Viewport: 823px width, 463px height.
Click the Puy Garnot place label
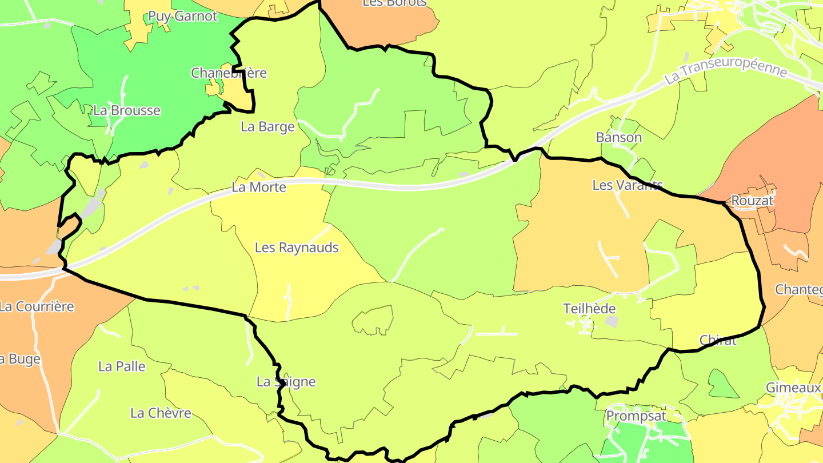[183, 16]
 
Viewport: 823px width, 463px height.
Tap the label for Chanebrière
[229, 73]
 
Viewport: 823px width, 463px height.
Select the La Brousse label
[127, 110]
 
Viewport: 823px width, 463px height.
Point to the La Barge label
[267, 126]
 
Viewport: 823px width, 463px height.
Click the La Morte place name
[259, 187]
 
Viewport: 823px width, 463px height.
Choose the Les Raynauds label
[297, 248]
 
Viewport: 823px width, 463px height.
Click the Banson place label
[618, 137]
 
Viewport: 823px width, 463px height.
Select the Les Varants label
[627, 185]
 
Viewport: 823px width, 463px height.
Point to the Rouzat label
[752, 201]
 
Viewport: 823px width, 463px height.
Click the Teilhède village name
[589, 309]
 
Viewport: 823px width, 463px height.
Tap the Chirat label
[718, 341]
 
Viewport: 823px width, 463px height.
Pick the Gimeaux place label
[793, 388]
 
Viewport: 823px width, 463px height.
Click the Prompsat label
[636, 416]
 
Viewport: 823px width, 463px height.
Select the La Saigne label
[286, 382]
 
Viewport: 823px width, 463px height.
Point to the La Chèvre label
[161, 413]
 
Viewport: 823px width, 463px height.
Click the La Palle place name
[122, 366]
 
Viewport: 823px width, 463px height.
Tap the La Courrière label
[37, 306]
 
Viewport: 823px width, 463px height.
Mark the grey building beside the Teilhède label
[612, 322]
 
